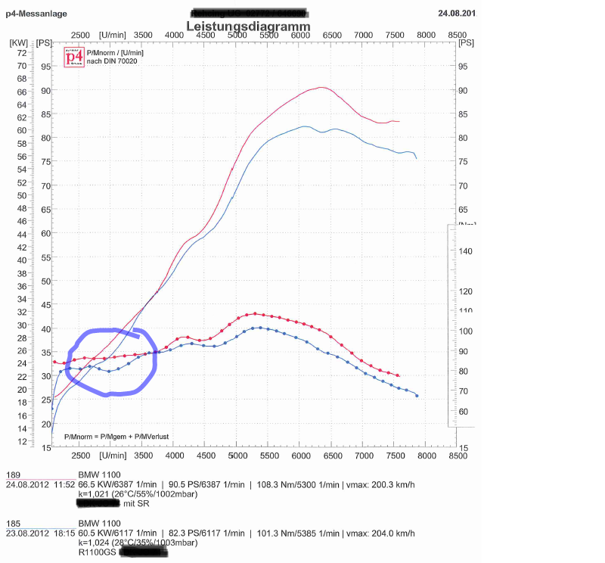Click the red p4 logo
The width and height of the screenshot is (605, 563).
pyautogui.click(x=73, y=58)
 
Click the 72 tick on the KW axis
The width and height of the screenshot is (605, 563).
pyautogui.click(x=22, y=53)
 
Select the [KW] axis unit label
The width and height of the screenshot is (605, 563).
pyautogui.click(x=19, y=42)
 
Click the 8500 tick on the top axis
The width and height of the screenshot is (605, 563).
pyautogui.click(x=457, y=35)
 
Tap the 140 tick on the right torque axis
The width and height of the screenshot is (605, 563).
pyautogui.click(x=466, y=250)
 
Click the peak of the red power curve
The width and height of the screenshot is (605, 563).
pyautogui.click(x=321, y=87)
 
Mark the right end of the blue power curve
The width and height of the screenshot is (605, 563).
pyautogui.click(x=417, y=158)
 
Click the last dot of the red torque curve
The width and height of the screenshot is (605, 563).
pyautogui.click(x=399, y=375)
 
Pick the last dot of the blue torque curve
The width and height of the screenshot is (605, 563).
pyautogui.click(x=417, y=396)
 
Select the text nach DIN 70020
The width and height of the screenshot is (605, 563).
pyautogui.click(x=112, y=61)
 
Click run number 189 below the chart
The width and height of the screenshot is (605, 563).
pyautogui.click(x=13, y=475)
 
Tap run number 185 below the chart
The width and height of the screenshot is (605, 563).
pyautogui.click(x=13, y=523)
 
